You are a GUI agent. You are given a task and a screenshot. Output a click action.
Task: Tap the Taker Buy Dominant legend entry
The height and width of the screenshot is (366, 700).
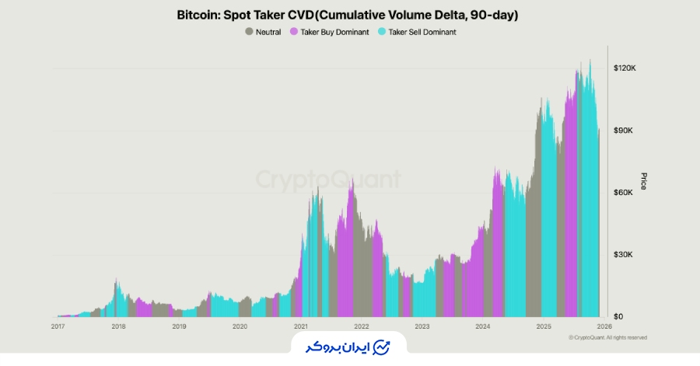point(329,32)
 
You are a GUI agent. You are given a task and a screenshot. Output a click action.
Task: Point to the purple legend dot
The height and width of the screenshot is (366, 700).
point(294,32)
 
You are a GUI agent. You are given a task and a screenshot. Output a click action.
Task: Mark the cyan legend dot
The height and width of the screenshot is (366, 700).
point(381,32)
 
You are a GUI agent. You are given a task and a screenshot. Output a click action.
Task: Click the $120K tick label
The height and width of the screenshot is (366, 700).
point(625,68)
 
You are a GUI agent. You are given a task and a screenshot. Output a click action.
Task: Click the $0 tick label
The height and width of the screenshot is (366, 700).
point(619,317)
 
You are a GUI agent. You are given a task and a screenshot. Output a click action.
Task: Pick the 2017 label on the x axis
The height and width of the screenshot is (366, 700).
point(58,327)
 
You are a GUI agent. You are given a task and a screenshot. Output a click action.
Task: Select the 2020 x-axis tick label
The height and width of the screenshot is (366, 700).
point(240,327)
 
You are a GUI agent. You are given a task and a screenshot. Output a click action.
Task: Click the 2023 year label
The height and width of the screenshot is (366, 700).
point(422,327)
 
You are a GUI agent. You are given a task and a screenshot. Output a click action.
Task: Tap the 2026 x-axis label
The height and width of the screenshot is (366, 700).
point(604,327)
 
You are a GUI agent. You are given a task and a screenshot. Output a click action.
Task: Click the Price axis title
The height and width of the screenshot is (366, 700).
point(643,181)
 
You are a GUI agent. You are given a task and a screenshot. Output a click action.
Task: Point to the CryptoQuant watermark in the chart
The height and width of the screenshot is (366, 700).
point(328,180)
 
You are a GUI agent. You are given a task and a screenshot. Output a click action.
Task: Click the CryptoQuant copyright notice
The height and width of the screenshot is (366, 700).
point(607,338)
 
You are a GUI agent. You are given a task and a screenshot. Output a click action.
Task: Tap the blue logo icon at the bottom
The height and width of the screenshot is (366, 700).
point(381,347)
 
